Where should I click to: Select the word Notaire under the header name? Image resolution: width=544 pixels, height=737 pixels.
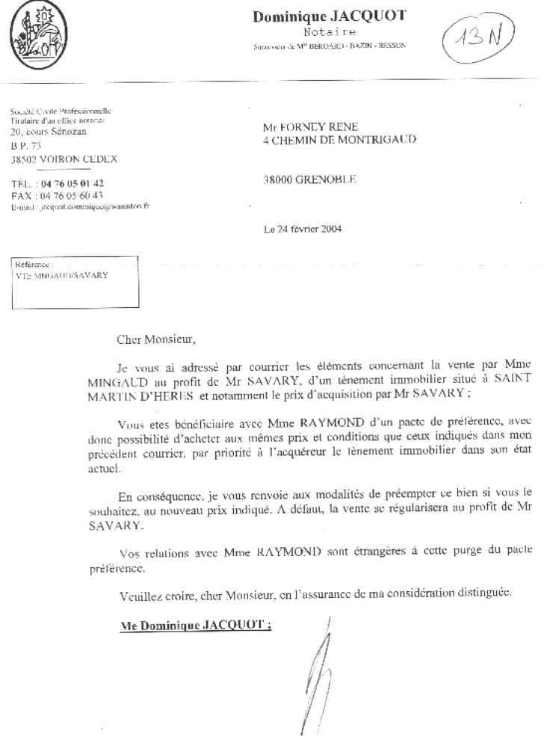(330, 32)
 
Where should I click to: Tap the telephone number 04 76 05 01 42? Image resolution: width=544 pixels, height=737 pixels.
(72, 184)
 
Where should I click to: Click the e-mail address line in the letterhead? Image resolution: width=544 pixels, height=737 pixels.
(80, 206)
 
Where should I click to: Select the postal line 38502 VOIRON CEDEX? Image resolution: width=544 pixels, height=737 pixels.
(64, 159)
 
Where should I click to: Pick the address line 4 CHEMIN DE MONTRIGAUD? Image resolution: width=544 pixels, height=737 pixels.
(340, 139)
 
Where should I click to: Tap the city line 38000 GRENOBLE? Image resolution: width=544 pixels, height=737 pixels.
(310, 179)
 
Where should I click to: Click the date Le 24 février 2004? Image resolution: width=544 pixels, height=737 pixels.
(303, 229)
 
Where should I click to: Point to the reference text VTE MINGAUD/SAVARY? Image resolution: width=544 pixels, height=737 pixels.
(61, 275)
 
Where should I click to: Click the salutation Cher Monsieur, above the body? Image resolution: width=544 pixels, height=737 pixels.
(155, 339)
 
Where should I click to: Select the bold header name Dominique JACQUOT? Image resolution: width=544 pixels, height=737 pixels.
(329, 16)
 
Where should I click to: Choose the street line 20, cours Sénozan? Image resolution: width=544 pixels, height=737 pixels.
(49, 132)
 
